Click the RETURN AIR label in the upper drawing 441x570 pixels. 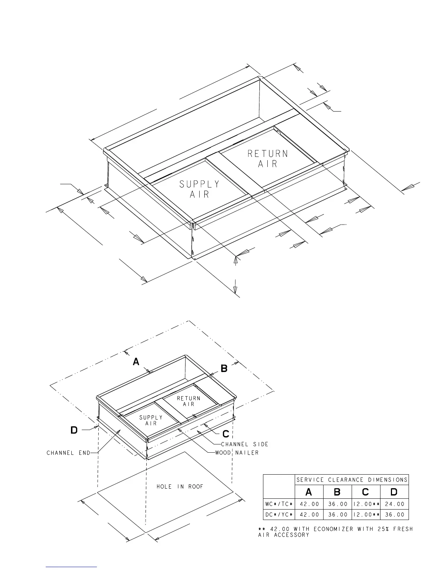point(267,159)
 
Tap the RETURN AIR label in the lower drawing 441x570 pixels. point(188,401)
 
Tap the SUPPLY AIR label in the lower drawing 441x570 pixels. point(151,420)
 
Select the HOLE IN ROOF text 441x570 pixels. point(180,487)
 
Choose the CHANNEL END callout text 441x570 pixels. point(68,453)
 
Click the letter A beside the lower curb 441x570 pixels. point(136,362)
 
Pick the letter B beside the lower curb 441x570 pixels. point(224,368)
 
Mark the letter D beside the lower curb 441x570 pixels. point(74,430)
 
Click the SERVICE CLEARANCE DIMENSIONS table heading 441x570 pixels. point(352,480)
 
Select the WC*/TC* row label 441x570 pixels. point(279,504)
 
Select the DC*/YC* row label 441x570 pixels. point(279,515)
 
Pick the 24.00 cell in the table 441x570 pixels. point(395,504)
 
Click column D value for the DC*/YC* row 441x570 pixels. point(395,515)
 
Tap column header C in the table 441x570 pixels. point(365,492)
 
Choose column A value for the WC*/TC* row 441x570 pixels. point(309,504)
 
